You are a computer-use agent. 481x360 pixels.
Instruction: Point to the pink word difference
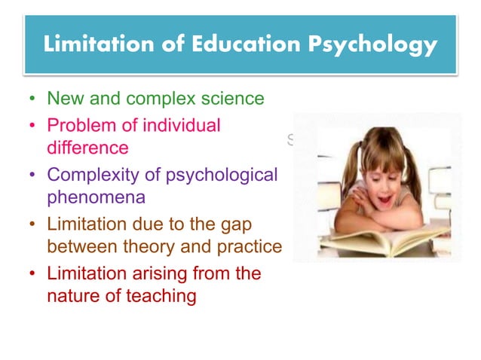pos(87,148)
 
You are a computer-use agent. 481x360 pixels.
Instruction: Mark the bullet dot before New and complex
pos(32,99)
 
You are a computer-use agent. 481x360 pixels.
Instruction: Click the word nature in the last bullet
pos(72,296)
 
